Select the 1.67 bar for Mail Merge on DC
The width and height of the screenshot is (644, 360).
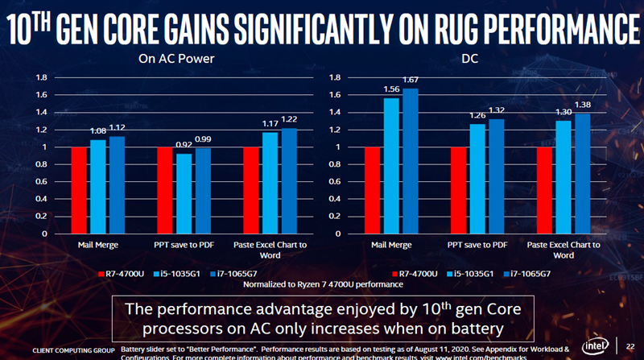411,161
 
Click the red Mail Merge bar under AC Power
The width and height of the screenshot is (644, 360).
79,190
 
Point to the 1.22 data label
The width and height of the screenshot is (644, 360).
288,120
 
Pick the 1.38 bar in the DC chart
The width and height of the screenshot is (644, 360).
583,173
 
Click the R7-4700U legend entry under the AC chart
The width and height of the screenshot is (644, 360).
126,273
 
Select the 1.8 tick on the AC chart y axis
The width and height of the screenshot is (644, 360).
41,78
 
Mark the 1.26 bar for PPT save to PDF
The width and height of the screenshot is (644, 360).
477,179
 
